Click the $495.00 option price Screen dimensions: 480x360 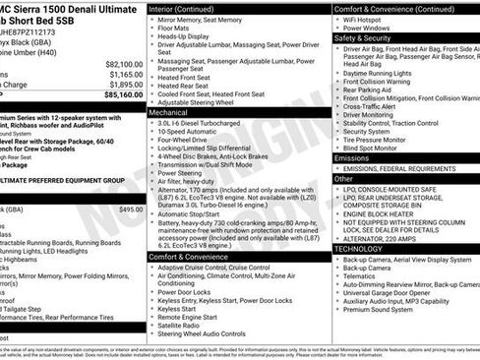pyautogui.click(x=131, y=210)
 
